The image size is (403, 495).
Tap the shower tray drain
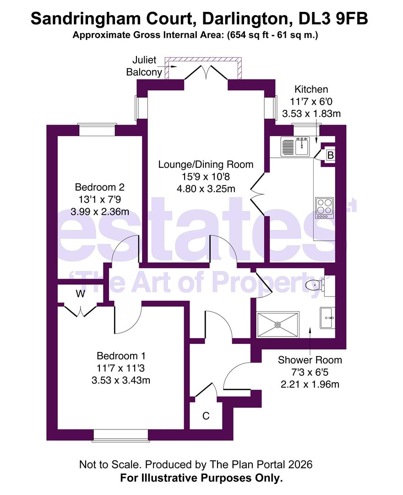point(278,324)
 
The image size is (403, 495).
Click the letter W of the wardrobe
point(81,294)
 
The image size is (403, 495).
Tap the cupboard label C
point(206,416)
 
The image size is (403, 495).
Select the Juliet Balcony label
point(144,66)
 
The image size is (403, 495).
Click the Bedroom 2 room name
point(100,187)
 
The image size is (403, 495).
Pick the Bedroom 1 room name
point(121,356)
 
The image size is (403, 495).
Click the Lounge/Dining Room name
point(206,165)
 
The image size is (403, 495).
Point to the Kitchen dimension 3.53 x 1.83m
point(311,114)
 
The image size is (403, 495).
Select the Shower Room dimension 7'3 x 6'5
point(310,372)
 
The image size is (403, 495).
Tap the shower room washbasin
point(327,318)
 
